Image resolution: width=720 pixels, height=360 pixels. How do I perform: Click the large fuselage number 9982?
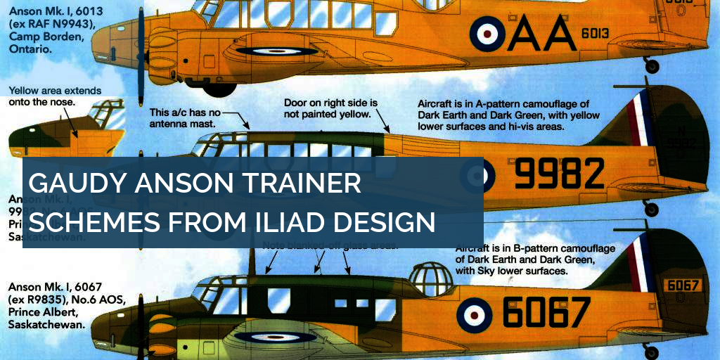(x=559, y=174)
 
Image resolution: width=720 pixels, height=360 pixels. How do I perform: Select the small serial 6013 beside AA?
(x=594, y=34)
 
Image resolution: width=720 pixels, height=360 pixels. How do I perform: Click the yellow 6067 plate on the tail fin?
(x=683, y=285)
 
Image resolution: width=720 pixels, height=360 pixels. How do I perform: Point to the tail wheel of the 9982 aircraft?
(x=652, y=209)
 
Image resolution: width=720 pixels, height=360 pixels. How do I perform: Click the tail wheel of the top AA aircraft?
(x=652, y=67)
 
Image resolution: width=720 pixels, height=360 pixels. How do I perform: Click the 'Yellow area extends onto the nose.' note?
(x=55, y=96)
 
